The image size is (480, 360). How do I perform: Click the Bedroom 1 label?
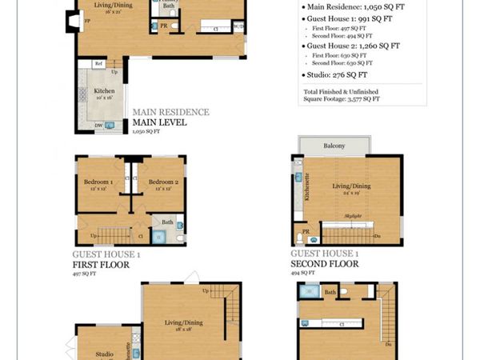[x=99, y=182]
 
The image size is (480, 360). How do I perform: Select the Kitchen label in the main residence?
[x=104, y=91]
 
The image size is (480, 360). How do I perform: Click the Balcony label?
[x=334, y=146]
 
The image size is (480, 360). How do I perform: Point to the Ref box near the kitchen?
[x=99, y=64]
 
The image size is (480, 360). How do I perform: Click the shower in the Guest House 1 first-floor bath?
[x=159, y=236]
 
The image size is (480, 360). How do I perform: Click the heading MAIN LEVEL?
[x=159, y=122]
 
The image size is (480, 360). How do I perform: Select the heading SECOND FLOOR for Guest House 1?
[x=324, y=263]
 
